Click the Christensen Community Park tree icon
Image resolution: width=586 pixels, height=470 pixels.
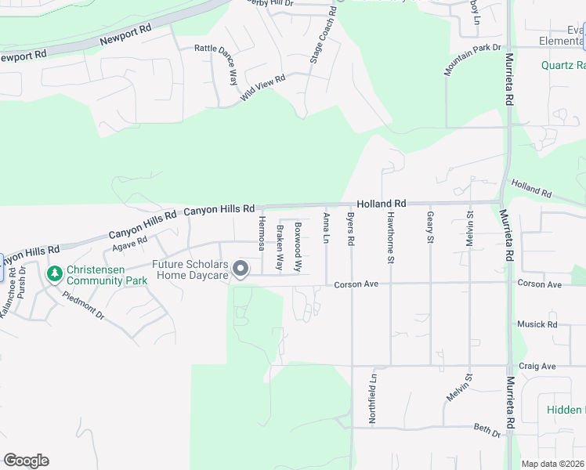point(54,274)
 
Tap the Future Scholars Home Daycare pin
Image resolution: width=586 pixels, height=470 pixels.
point(241,269)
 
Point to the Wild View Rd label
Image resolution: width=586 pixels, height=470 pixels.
point(263,85)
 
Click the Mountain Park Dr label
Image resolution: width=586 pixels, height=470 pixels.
point(472,60)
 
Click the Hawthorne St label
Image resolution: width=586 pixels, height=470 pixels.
point(390,233)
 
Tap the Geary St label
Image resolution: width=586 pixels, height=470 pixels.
point(430,226)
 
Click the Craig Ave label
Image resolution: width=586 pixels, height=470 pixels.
point(537,366)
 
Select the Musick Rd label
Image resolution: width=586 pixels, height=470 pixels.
point(537,324)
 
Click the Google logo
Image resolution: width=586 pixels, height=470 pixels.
point(26,461)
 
